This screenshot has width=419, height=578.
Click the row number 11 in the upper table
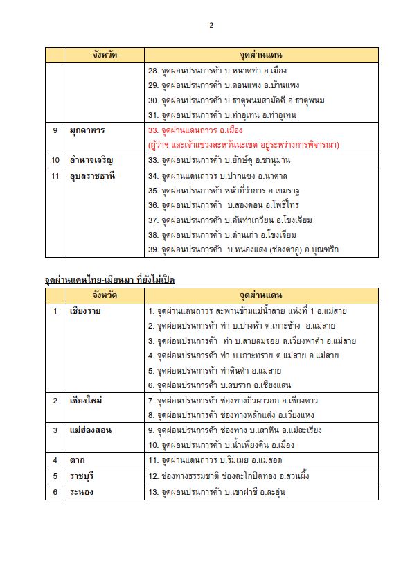pos(55,175)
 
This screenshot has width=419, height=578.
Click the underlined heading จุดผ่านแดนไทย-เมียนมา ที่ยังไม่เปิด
pos(110,279)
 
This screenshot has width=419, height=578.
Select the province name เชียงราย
pos(87,311)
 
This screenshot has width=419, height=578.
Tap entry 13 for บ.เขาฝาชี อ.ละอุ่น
pos(217,492)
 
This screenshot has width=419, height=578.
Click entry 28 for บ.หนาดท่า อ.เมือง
pos(217,71)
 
